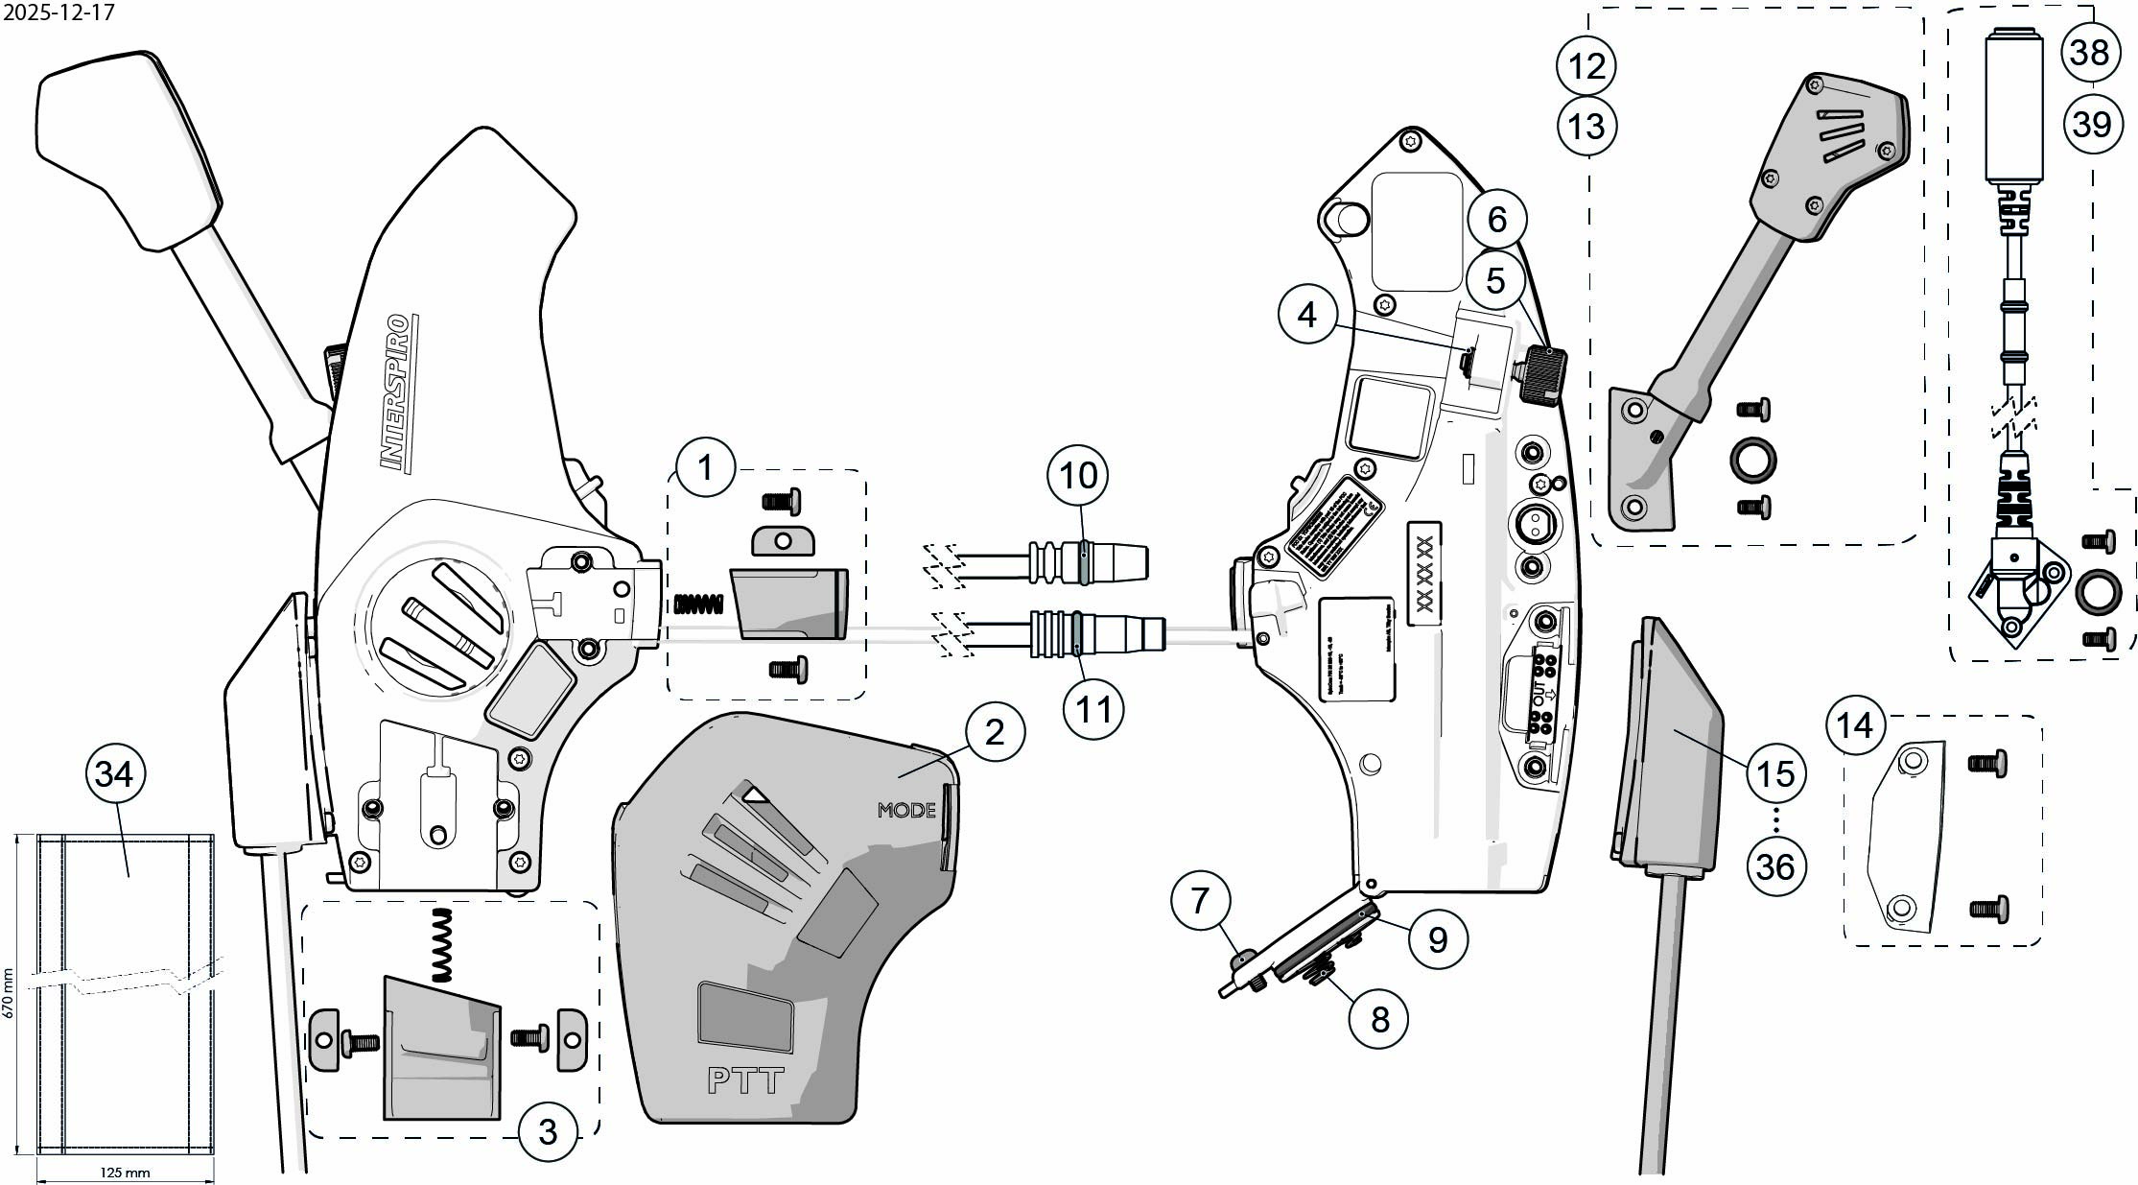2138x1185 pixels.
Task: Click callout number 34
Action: (115, 772)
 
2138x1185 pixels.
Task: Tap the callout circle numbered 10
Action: (1078, 474)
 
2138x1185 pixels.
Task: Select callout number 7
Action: (1200, 900)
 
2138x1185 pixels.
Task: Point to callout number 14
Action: (1854, 724)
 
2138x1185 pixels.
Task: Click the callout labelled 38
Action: (2089, 52)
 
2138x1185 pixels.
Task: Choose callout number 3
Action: (548, 1131)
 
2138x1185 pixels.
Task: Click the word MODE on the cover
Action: (905, 810)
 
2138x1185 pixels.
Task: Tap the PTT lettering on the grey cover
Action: (745, 1080)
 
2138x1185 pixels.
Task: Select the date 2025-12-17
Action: (59, 12)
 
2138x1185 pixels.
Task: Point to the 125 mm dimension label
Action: (125, 1173)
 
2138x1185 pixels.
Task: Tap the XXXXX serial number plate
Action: (1423, 574)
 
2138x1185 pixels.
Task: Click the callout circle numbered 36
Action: (1774, 866)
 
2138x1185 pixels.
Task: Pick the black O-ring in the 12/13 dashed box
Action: (1752, 459)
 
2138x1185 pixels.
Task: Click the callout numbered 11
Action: (1092, 708)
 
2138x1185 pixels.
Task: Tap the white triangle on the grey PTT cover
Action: (757, 794)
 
